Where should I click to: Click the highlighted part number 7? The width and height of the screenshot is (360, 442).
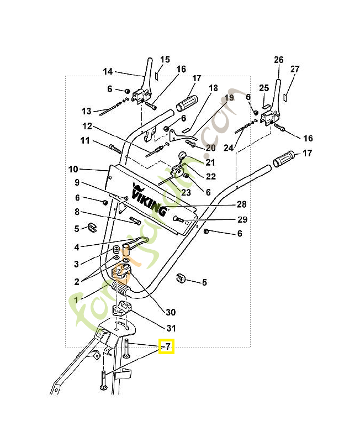coord(167,346)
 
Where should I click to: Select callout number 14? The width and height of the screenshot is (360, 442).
coord(108,71)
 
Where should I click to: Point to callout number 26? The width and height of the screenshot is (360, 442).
coord(278,60)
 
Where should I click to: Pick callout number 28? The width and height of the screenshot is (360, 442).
coord(241,204)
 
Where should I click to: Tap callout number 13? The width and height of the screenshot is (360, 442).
coord(86,110)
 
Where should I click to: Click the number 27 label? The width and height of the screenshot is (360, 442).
coord(295,69)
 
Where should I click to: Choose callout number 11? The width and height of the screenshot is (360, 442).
coord(84,140)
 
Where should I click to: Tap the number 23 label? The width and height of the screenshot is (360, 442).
coord(186,192)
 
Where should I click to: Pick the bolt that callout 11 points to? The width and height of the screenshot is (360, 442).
coord(115,149)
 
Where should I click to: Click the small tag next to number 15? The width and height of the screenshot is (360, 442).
coord(157,75)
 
